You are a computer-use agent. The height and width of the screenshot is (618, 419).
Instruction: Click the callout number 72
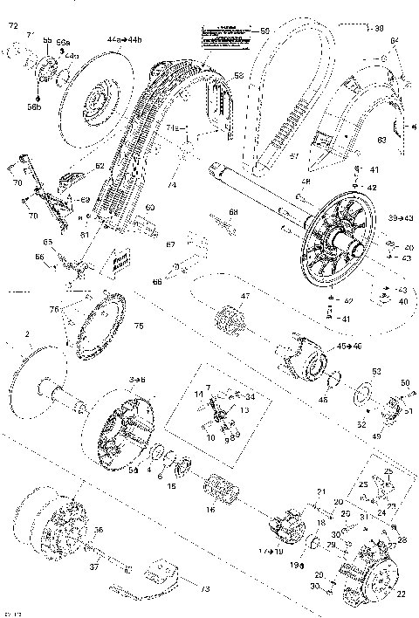tap(13, 29)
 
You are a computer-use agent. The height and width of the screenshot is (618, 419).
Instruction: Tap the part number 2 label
tap(28, 333)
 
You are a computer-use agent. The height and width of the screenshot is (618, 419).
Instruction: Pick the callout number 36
tap(99, 530)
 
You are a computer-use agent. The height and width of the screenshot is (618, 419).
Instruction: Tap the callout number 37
tap(93, 566)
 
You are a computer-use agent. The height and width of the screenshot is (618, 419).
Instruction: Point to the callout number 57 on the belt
tap(293, 156)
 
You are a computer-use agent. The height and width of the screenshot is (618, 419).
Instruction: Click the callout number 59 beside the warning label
tap(265, 32)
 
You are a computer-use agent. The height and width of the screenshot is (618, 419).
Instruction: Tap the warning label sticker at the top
tap(225, 34)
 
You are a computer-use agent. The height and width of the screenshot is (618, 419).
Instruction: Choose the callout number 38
tap(404, 27)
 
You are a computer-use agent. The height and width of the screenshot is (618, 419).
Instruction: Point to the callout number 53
tap(377, 371)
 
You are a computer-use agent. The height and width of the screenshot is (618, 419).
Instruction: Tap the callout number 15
tap(173, 485)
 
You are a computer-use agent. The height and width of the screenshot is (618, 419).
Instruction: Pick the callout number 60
tap(149, 207)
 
